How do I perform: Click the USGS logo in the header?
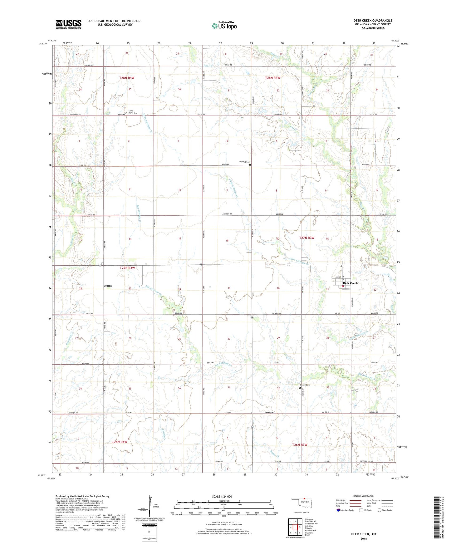(x=69, y=24)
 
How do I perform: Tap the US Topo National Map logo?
(x=224, y=25)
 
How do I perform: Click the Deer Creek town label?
(x=350, y=283)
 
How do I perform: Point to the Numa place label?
(x=108, y=286)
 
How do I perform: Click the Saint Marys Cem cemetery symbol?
(x=126, y=113)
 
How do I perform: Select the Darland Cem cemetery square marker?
(x=250, y=165)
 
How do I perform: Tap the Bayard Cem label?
(x=305, y=385)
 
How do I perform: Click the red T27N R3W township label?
(x=306, y=238)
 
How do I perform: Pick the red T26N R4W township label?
(x=120, y=442)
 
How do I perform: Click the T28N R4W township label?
(x=127, y=78)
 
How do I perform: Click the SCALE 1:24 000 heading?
(x=222, y=497)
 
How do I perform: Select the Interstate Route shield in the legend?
(x=339, y=510)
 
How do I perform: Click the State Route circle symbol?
(x=379, y=510)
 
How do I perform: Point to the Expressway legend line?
(x=356, y=500)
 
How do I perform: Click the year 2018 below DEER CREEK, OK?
(x=364, y=538)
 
